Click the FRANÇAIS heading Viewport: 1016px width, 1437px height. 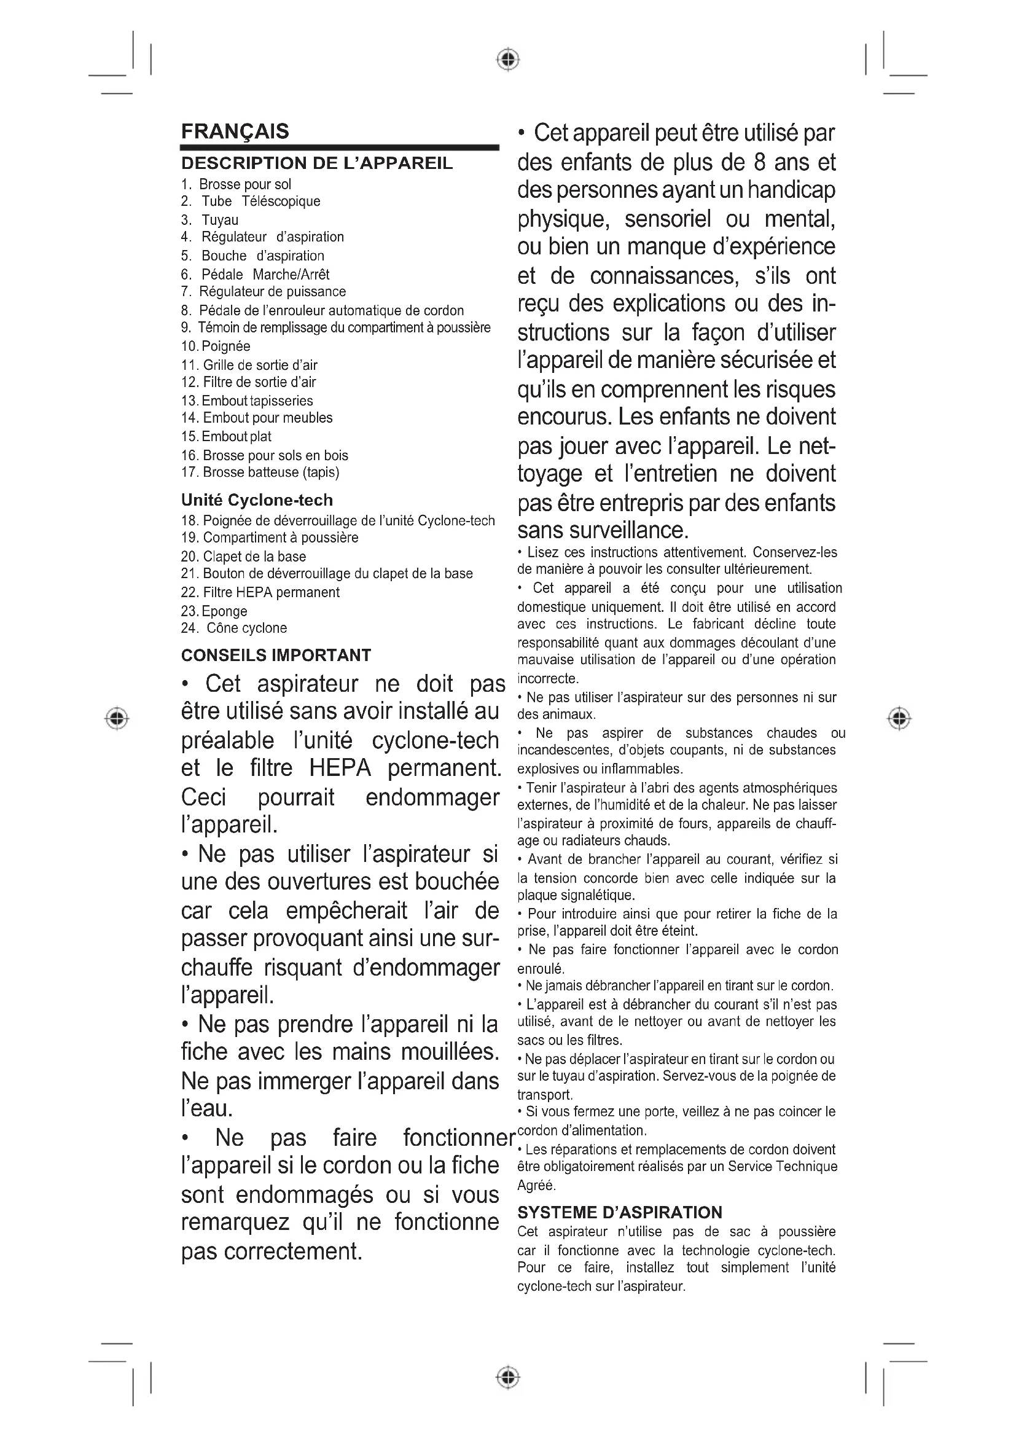point(235,131)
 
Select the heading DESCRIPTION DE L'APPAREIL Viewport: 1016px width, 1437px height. point(316,163)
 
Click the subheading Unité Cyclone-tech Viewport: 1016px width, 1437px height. point(257,500)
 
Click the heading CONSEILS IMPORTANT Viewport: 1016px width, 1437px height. point(276,656)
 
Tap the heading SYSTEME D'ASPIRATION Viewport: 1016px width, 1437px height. point(619,1212)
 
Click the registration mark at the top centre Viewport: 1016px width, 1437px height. point(508,60)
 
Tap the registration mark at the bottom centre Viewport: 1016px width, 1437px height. point(508,1377)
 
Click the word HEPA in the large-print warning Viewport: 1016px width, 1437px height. point(340,768)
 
